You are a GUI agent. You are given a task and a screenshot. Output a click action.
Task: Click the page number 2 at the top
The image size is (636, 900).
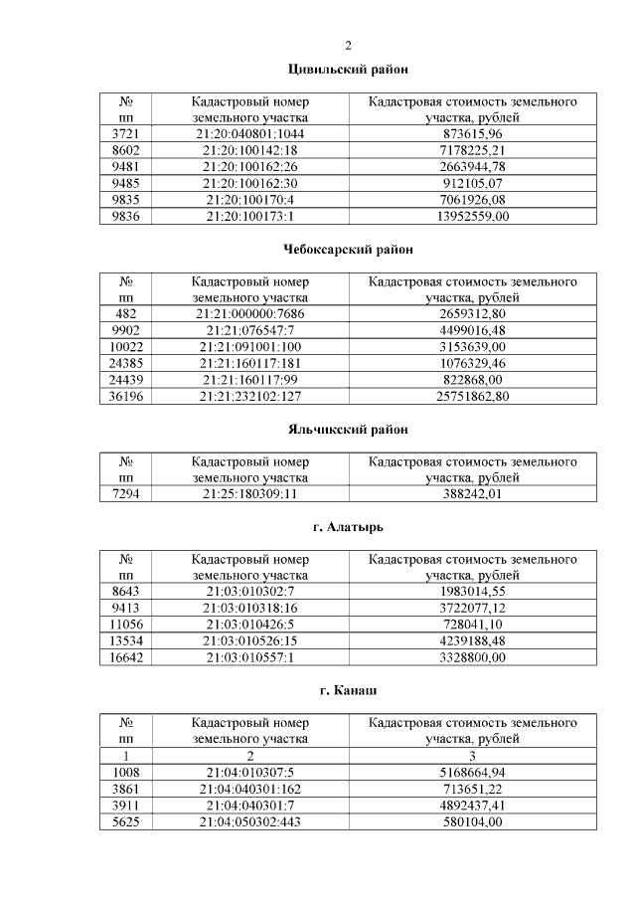(348, 45)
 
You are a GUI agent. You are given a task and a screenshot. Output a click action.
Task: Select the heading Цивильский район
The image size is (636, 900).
(348, 69)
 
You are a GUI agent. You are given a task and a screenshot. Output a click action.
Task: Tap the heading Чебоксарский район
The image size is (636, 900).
(348, 249)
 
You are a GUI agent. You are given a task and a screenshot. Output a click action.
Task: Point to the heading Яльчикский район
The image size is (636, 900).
(348, 429)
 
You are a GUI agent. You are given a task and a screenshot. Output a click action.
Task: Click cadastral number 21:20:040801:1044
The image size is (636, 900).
(250, 133)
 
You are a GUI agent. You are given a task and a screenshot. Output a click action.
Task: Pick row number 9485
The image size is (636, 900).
(126, 183)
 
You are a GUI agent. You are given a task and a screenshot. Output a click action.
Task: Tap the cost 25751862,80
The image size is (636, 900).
(473, 397)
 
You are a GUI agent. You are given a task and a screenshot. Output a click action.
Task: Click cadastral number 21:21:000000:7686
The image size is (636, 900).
(250, 313)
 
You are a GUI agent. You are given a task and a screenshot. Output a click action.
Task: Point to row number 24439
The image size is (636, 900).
(126, 380)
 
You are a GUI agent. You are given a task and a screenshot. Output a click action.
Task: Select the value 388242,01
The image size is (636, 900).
(473, 493)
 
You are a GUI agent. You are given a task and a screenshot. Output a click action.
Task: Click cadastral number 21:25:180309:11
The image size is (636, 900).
(250, 493)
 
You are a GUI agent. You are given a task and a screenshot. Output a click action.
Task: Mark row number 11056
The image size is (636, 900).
(126, 624)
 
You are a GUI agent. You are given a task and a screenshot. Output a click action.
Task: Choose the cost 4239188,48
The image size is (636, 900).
(473, 640)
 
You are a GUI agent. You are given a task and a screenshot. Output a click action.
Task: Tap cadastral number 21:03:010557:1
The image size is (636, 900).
(250, 657)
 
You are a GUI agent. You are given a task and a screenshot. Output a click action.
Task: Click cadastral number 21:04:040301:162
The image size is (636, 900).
(250, 788)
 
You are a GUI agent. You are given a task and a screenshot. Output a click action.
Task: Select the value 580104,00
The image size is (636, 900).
(473, 821)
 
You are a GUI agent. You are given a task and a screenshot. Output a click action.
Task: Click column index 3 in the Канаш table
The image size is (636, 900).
(473, 755)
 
